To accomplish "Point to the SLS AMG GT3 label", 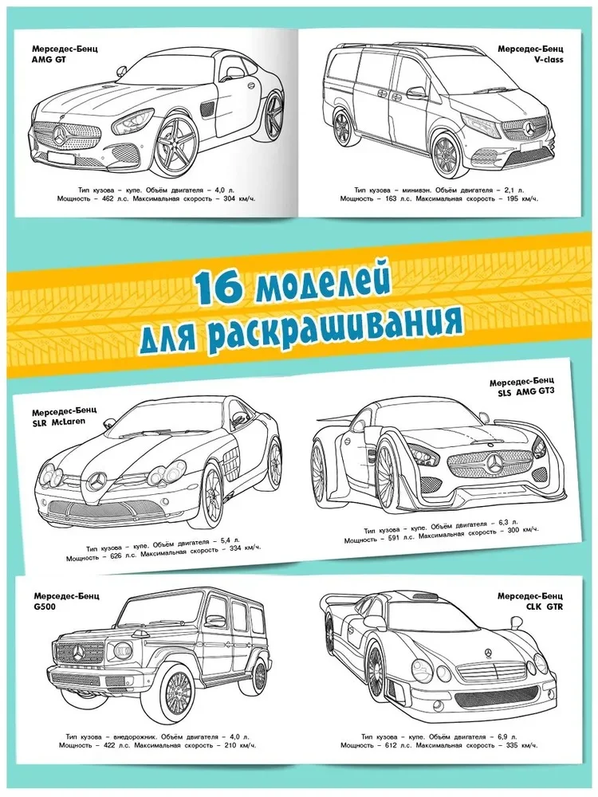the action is (518, 392).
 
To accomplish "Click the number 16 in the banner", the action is (217, 288).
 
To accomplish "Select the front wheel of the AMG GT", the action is (175, 147).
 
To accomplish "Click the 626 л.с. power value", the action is (120, 558).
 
